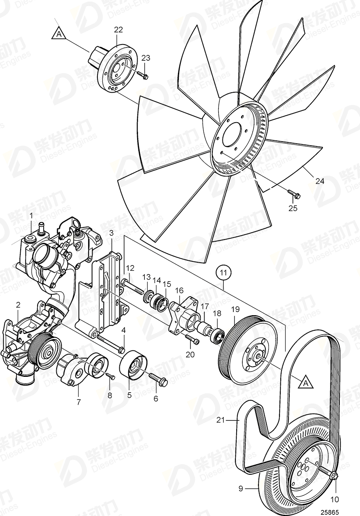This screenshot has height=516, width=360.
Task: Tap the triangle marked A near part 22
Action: pos(59,34)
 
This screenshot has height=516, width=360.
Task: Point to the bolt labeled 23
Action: pos(142,75)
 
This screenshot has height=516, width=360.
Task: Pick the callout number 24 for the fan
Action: pos(320,181)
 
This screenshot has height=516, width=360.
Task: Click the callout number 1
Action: pos(31,217)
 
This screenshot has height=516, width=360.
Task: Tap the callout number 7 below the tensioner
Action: pos(78,402)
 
